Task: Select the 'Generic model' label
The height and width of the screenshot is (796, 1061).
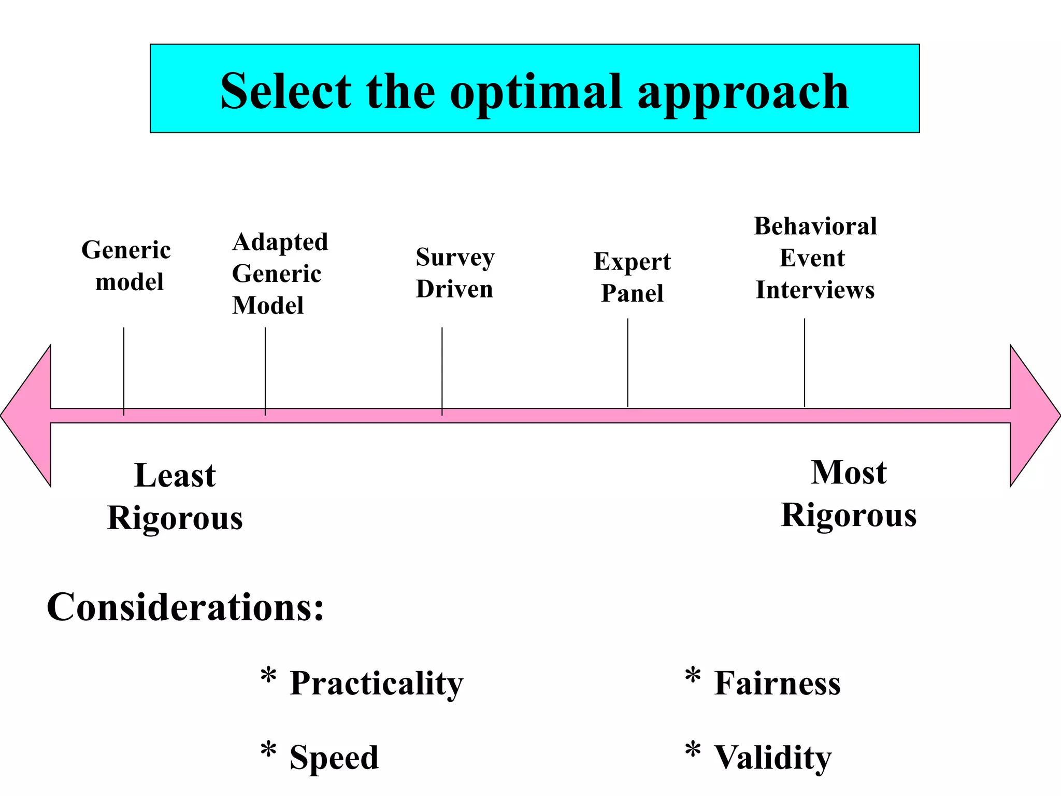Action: (x=127, y=266)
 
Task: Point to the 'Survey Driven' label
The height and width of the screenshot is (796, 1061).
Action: (x=455, y=273)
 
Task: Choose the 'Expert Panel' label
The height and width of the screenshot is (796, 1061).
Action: (x=632, y=277)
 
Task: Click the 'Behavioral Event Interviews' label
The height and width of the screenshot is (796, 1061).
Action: (x=815, y=258)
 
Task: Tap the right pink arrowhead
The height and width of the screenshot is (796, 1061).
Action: (x=1034, y=416)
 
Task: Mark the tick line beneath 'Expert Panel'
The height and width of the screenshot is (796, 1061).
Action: (x=627, y=363)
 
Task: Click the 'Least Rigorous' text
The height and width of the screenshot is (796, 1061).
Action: (x=175, y=496)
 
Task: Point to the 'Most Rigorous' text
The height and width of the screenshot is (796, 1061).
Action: (x=849, y=494)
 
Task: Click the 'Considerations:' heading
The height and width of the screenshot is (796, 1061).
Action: (x=185, y=607)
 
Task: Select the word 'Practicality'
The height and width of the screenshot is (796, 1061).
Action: (x=376, y=683)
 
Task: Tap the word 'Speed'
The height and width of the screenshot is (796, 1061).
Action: (x=334, y=757)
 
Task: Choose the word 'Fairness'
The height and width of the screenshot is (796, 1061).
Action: (x=777, y=683)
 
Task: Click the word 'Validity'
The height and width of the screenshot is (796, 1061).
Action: (x=772, y=757)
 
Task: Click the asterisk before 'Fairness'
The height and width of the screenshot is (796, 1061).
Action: (x=693, y=676)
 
